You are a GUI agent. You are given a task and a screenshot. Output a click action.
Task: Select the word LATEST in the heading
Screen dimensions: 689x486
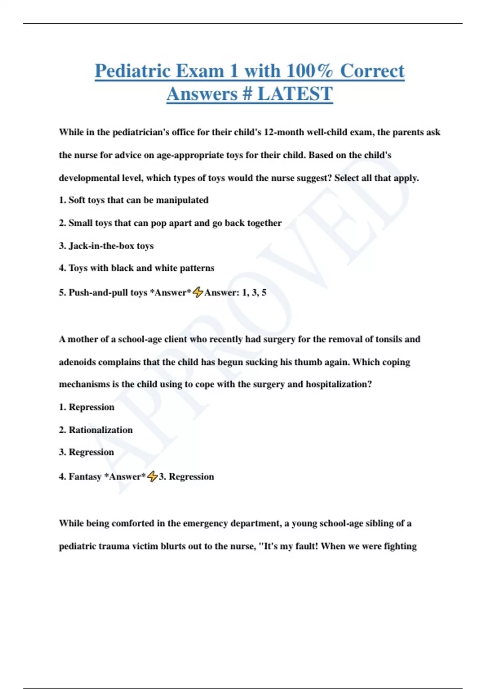(x=295, y=94)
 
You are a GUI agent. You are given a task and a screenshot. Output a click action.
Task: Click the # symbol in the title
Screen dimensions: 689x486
(x=247, y=94)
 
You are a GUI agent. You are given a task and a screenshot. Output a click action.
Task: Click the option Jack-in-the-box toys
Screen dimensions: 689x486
(x=106, y=246)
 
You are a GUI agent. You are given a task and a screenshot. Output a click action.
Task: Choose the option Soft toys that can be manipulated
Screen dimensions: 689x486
(x=134, y=200)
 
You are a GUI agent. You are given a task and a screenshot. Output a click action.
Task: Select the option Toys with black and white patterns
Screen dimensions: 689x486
(x=136, y=268)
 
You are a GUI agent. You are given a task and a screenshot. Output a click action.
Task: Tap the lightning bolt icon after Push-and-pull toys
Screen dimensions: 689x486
(x=198, y=292)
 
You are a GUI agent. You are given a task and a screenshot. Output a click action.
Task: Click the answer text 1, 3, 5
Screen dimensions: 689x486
(x=254, y=293)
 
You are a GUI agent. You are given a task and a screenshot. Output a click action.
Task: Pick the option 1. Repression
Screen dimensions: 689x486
(x=87, y=407)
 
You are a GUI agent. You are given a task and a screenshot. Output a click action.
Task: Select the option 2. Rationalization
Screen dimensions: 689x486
(x=96, y=430)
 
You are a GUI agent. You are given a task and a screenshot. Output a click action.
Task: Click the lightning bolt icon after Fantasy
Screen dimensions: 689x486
(x=152, y=476)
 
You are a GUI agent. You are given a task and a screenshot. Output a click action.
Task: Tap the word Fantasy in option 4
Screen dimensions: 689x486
(x=85, y=477)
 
